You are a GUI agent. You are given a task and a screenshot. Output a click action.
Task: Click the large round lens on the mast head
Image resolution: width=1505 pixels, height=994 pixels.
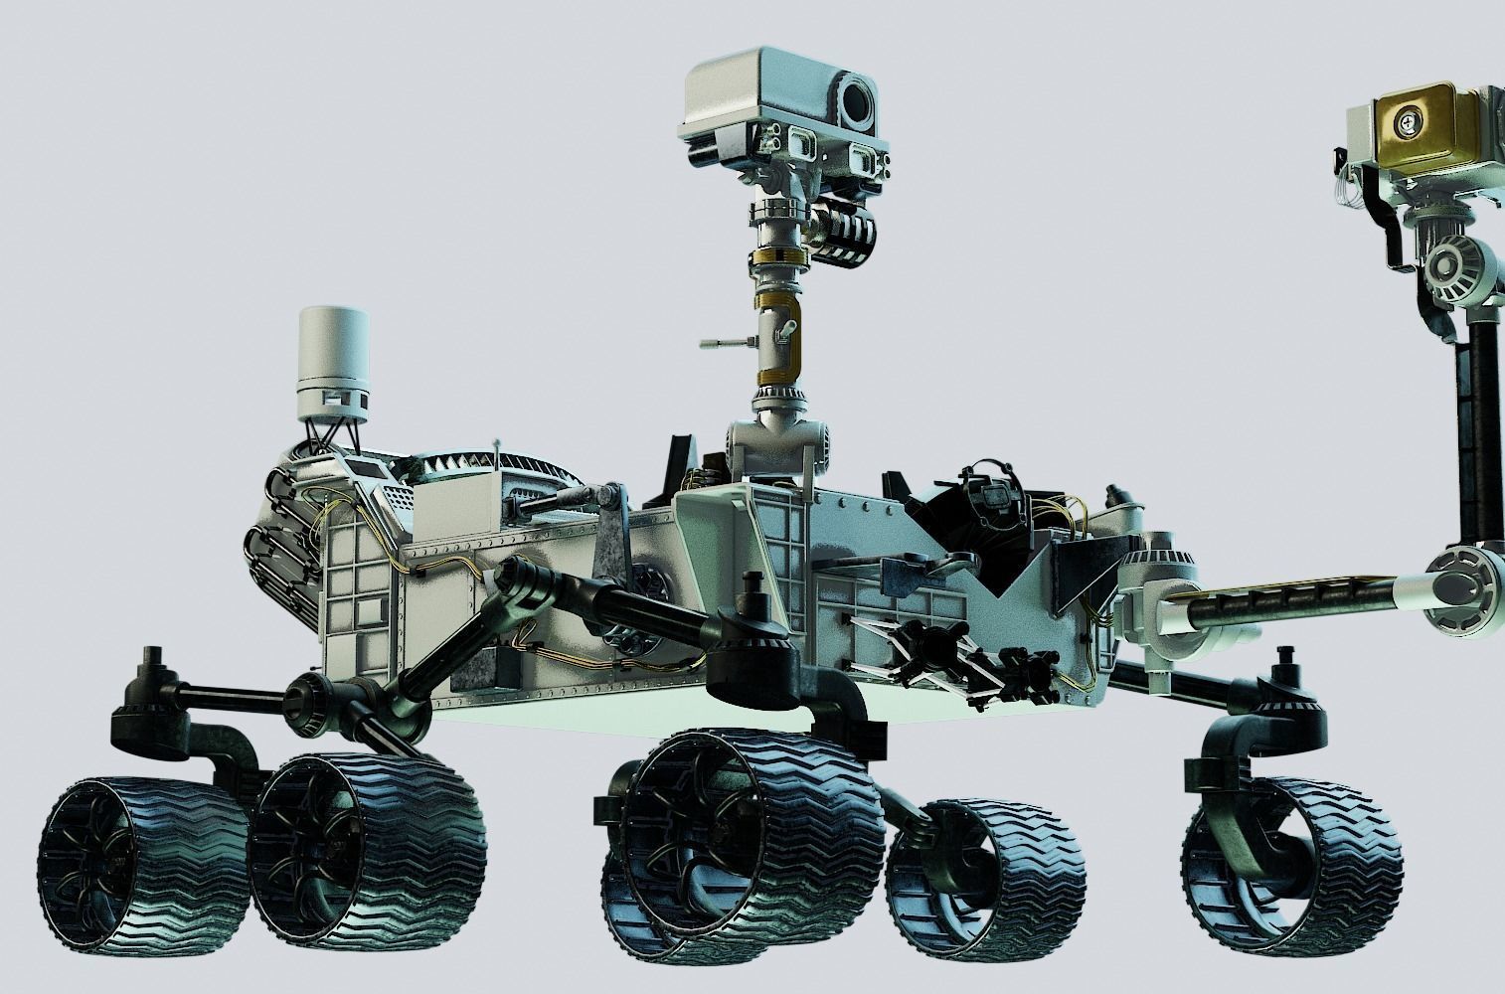[x=856, y=99]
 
